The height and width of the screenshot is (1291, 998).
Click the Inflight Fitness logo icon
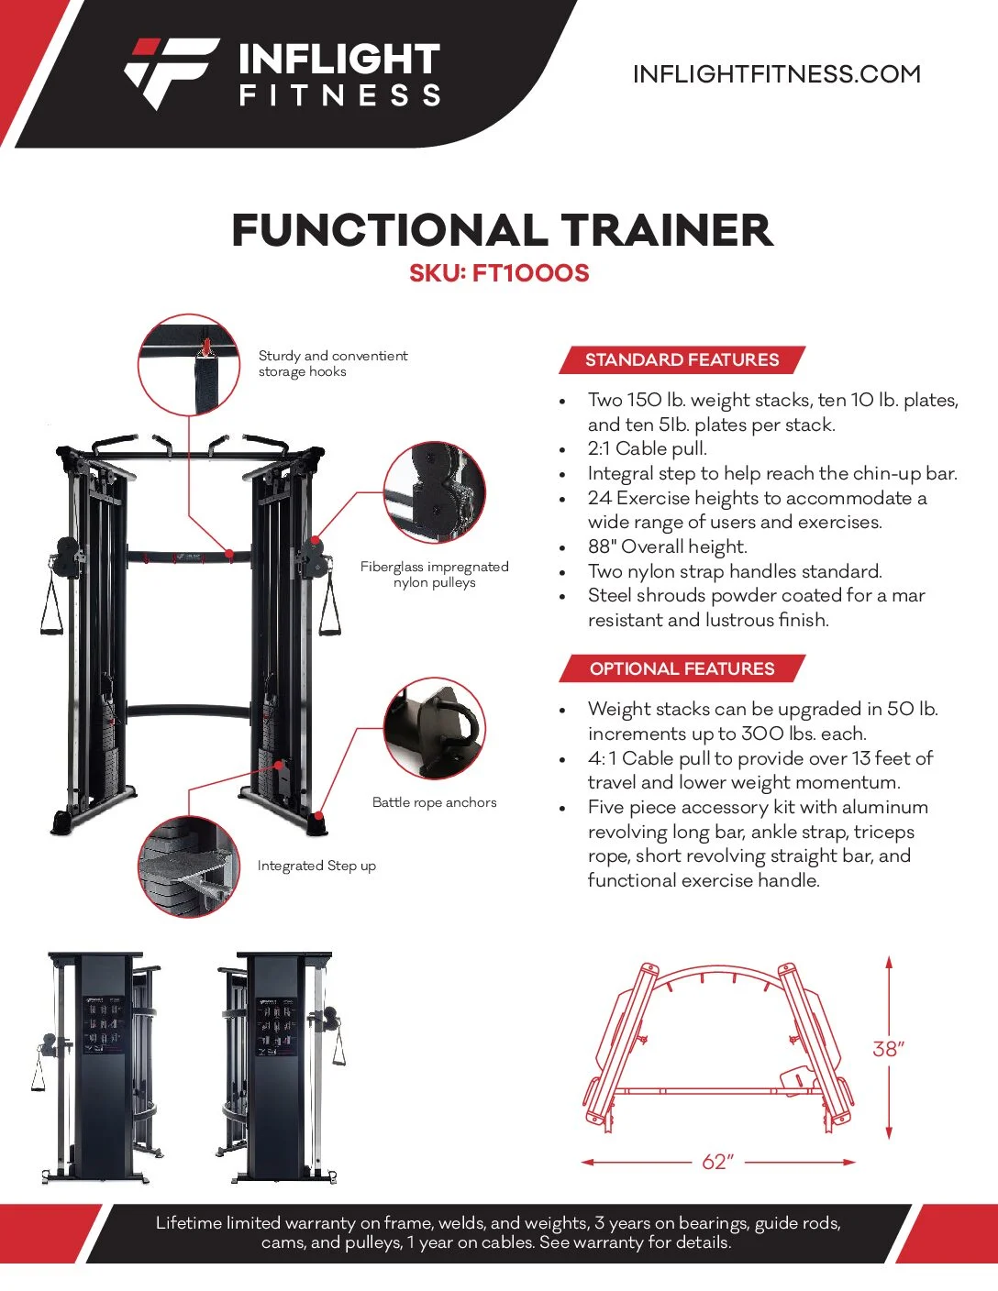pyautogui.click(x=172, y=73)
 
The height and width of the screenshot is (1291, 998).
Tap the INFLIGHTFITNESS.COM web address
pyautogui.click(x=777, y=74)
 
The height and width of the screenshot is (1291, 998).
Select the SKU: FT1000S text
pyautogui.click(x=499, y=273)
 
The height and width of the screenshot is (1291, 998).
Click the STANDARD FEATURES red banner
pyautogui.click(x=682, y=359)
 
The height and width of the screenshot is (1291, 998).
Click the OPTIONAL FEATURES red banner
pyautogui.click(x=682, y=668)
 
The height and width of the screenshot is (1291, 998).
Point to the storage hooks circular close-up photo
pyautogui.click(x=189, y=365)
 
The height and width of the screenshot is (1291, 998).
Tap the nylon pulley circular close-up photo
pyautogui.click(x=435, y=492)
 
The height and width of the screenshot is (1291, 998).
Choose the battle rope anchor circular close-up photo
pyautogui.click(x=435, y=728)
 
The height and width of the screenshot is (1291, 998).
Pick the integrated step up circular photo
pyautogui.click(x=189, y=866)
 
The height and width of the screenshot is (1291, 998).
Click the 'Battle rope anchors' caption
pyautogui.click(x=434, y=802)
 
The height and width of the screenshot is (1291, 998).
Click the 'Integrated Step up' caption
pyautogui.click(x=316, y=866)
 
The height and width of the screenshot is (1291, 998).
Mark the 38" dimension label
pyautogui.click(x=888, y=1049)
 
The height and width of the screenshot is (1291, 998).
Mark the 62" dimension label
pyautogui.click(x=718, y=1161)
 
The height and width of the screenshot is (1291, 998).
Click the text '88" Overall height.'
pyautogui.click(x=668, y=546)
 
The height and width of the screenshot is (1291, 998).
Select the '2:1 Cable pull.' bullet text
pyautogui.click(x=648, y=448)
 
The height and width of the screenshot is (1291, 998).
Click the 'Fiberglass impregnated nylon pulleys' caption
pyautogui.click(x=435, y=575)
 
